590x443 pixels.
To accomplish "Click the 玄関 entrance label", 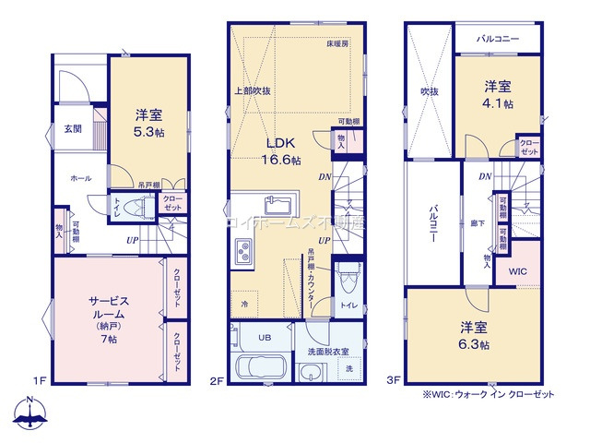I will (x=72, y=129).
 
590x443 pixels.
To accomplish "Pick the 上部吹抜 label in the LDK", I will (x=252, y=90).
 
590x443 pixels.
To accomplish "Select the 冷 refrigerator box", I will (x=244, y=304).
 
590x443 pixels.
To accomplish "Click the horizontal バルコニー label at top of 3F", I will (x=498, y=40).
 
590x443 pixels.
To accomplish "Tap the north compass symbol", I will (x=29, y=413).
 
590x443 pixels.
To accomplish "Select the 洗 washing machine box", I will (x=348, y=370).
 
